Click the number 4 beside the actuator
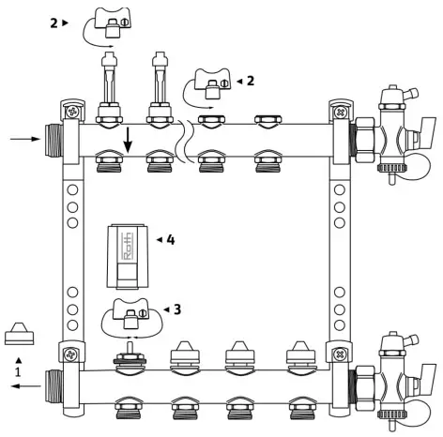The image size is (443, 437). pos(170,240)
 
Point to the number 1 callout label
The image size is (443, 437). pos(16,370)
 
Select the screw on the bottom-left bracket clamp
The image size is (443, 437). pos(68,355)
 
